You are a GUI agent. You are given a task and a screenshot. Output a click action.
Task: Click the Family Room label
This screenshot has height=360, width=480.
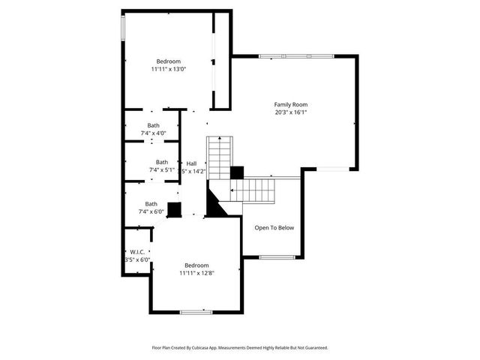(x=290, y=104)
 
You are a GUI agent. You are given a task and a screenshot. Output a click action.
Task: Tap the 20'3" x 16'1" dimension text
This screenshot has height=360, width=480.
(x=290, y=112)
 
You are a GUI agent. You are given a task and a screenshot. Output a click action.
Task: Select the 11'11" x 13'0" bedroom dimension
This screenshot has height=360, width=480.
(x=168, y=69)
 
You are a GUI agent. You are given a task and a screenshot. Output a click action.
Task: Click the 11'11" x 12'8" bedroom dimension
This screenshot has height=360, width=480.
(x=196, y=274)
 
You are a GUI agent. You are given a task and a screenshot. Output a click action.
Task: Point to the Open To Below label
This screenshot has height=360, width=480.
(x=274, y=228)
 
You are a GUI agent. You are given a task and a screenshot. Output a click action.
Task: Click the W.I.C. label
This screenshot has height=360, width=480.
(x=137, y=252)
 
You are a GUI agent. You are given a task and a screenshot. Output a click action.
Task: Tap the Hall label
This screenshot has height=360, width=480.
(x=191, y=163)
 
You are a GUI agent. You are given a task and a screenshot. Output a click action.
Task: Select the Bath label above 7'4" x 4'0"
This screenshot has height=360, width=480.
(x=153, y=125)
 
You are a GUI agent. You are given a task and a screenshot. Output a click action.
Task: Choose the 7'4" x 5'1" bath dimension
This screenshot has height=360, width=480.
(x=161, y=170)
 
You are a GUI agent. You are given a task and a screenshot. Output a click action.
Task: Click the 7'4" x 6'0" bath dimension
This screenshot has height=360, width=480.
(x=151, y=211)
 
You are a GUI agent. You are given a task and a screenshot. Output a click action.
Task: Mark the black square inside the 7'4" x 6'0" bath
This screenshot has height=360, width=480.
(x=174, y=209)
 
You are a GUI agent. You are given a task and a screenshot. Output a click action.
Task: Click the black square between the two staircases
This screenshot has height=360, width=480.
(x=237, y=172)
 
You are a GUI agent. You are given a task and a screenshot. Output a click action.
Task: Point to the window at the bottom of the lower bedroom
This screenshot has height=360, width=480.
(x=196, y=311)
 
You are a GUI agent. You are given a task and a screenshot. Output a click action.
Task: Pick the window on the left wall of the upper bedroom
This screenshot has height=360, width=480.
(x=123, y=28)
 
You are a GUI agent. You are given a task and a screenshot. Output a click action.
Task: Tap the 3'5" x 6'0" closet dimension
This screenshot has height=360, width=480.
(x=137, y=260)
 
